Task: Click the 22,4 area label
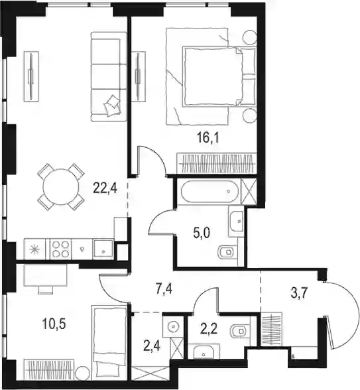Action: click(x=105, y=188)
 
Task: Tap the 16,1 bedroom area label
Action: click(x=208, y=138)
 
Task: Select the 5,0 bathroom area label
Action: click(x=202, y=233)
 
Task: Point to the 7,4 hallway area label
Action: click(x=164, y=290)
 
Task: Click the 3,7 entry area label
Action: click(x=300, y=293)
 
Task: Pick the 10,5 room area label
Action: click(x=54, y=324)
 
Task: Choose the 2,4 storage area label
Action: click(x=152, y=346)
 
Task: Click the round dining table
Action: click(x=60, y=187)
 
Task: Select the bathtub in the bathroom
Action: click(x=210, y=191)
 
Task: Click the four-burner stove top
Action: click(x=61, y=249)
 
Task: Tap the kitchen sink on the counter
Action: click(x=103, y=249)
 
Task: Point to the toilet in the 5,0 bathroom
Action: click(x=227, y=253)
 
